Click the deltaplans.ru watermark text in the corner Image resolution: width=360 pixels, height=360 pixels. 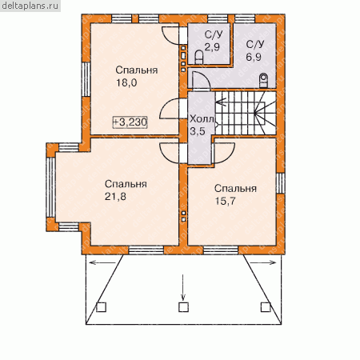pos(30,6)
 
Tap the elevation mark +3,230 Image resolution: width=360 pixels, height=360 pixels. pos(130,122)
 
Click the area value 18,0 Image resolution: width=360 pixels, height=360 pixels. pos(126,82)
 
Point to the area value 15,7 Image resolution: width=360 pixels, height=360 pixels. pos(226,201)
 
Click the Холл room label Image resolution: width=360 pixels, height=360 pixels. pos(202,119)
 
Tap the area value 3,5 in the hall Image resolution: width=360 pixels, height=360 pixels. pos(198,131)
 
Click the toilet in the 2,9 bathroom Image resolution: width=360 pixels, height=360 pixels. pos(199,57)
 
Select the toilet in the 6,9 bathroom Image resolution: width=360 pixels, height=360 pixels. pos(263,80)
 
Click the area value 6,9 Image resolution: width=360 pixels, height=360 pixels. pos(254,57)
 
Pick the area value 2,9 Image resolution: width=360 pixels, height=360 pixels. pos(212,47)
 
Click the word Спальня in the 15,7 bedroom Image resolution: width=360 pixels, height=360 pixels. pos(235,189)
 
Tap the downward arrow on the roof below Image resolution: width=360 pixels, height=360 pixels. pos(183,287)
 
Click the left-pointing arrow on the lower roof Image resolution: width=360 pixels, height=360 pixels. pos(104,262)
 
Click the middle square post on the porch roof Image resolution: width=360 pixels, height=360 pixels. pos(183,307)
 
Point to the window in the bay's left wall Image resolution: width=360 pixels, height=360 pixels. pos(50,187)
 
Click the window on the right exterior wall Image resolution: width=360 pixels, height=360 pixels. pos(281,183)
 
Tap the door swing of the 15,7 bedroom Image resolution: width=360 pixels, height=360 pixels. pos(225,153)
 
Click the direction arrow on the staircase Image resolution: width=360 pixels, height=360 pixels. pos(222,102)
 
